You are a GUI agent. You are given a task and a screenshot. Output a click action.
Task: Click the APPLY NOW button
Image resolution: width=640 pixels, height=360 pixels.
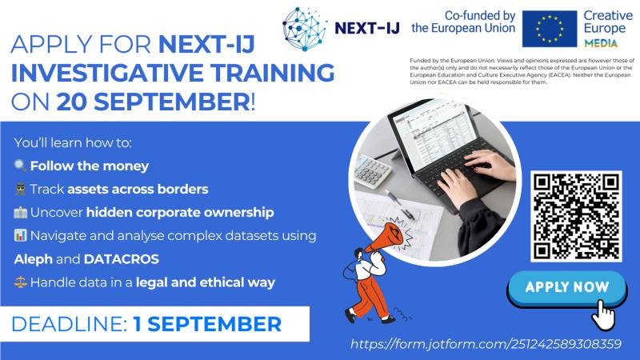point(567,287)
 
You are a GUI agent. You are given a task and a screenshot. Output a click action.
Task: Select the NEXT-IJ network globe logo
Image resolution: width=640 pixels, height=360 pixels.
point(305,30)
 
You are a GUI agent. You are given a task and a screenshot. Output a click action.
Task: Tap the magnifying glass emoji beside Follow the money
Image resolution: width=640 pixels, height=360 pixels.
point(21,167)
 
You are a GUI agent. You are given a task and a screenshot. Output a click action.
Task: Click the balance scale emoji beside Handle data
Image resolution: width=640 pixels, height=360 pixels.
point(21,282)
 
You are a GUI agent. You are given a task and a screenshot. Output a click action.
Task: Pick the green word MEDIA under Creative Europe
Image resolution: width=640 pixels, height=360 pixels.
point(603,41)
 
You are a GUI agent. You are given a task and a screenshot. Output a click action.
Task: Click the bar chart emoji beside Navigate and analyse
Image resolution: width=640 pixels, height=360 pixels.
point(21,236)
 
